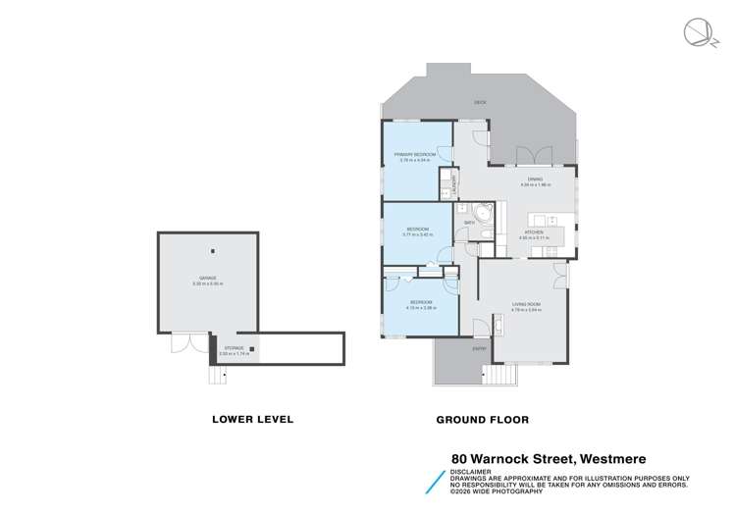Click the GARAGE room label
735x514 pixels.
[209, 280]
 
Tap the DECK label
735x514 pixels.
[480, 102]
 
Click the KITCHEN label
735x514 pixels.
[533, 232]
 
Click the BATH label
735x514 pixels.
[469, 223]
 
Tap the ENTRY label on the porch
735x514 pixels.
[480, 349]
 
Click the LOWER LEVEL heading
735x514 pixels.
[253, 419]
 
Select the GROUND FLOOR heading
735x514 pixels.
[482, 419]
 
